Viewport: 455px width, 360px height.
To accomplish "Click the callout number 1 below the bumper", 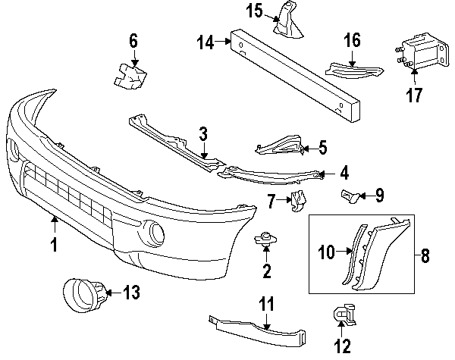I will [x=54, y=245].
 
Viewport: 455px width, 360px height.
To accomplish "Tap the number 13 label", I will [x=131, y=292].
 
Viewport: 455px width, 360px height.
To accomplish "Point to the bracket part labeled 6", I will [x=130, y=75].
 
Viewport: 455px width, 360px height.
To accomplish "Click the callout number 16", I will [x=352, y=38].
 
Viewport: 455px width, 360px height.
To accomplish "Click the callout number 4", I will [x=344, y=173].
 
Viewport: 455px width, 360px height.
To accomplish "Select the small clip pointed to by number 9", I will [x=349, y=196].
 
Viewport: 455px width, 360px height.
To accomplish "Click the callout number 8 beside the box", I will [x=424, y=255].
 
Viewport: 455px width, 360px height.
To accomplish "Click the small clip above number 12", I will [x=342, y=314].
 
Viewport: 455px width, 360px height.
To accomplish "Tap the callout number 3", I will [x=203, y=135].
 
